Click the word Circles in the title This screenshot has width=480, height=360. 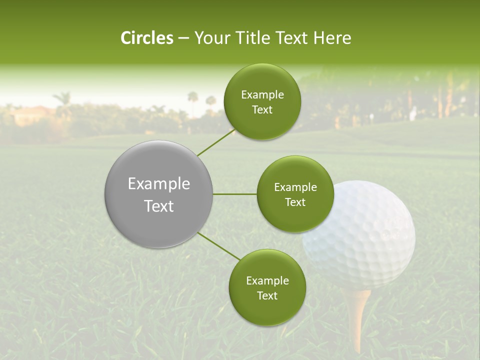(x=147, y=38)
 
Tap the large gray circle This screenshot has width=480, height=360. (x=158, y=194)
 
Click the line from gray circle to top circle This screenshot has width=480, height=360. (x=216, y=142)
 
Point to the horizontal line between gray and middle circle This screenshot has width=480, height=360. (x=234, y=194)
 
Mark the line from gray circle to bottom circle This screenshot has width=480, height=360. (x=219, y=246)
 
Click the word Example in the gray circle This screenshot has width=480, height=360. (x=159, y=184)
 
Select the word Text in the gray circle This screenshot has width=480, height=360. (x=159, y=206)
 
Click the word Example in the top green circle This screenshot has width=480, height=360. (x=262, y=95)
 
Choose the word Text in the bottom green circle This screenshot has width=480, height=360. (x=267, y=295)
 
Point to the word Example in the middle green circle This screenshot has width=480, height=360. (x=295, y=187)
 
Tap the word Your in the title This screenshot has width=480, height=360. (x=210, y=38)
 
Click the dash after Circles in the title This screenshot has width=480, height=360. (x=183, y=38)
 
